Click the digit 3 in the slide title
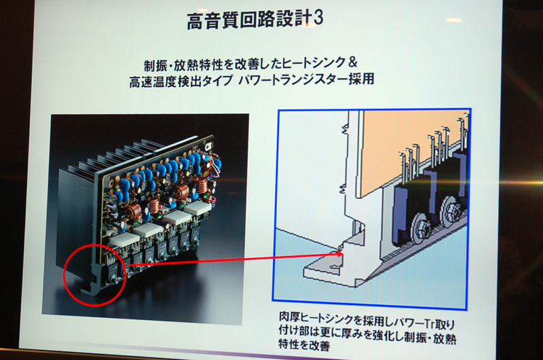318,18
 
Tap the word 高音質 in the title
216,21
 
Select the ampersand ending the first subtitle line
352,62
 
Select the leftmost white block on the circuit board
124,239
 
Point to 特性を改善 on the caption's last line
304,345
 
